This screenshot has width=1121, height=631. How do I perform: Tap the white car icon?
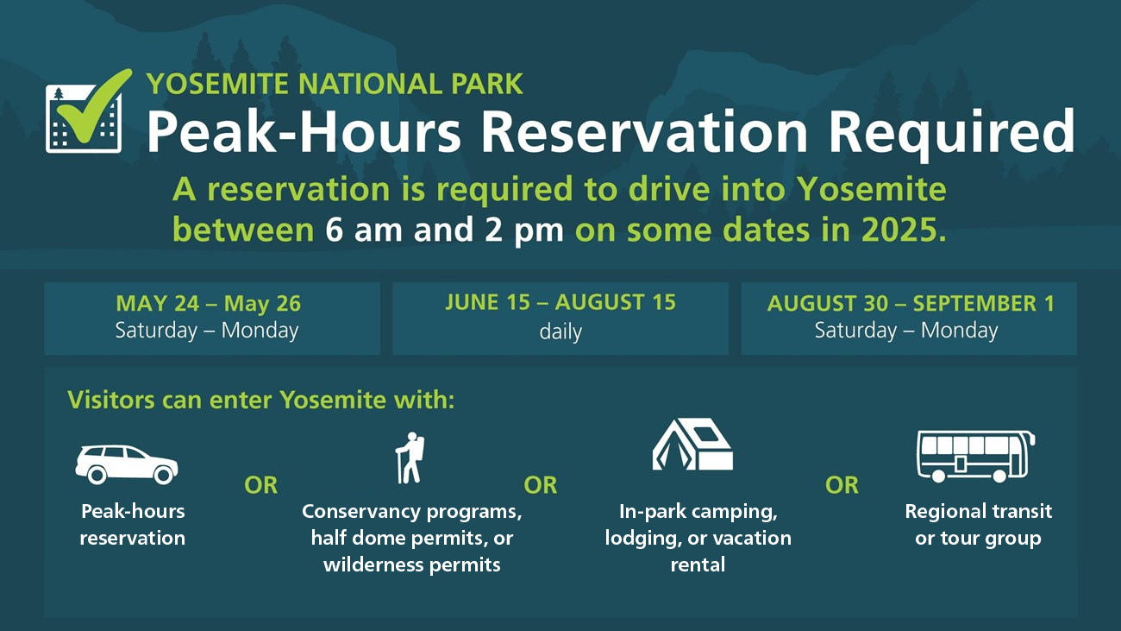coord(127,464)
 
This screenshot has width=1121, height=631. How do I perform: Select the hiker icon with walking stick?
coord(410,457)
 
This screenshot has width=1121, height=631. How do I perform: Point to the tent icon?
coord(692,445)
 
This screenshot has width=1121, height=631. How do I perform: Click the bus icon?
coord(976,457)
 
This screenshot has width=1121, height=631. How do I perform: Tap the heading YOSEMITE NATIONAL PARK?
coord(335,84)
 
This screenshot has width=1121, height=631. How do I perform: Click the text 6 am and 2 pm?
coord(444,230)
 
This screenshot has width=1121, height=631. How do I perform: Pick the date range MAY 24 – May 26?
coord(208,304)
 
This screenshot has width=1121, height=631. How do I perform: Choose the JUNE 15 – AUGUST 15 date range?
coord(560,302)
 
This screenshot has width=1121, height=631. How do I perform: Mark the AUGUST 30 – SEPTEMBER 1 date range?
coord(911,304)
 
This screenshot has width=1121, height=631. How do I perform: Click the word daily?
coord(560,331)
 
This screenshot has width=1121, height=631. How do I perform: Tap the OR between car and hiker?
coord(260,485)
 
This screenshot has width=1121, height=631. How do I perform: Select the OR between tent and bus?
coord(842,485)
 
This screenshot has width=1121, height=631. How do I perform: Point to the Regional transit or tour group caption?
coord(979,525)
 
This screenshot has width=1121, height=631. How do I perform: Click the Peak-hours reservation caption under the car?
coord(133,525)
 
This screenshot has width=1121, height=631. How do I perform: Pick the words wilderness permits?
coord(412,565)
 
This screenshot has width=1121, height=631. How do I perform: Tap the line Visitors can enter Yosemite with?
coord(260,400)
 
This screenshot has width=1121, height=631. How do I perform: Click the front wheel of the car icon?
coord(163,474)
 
